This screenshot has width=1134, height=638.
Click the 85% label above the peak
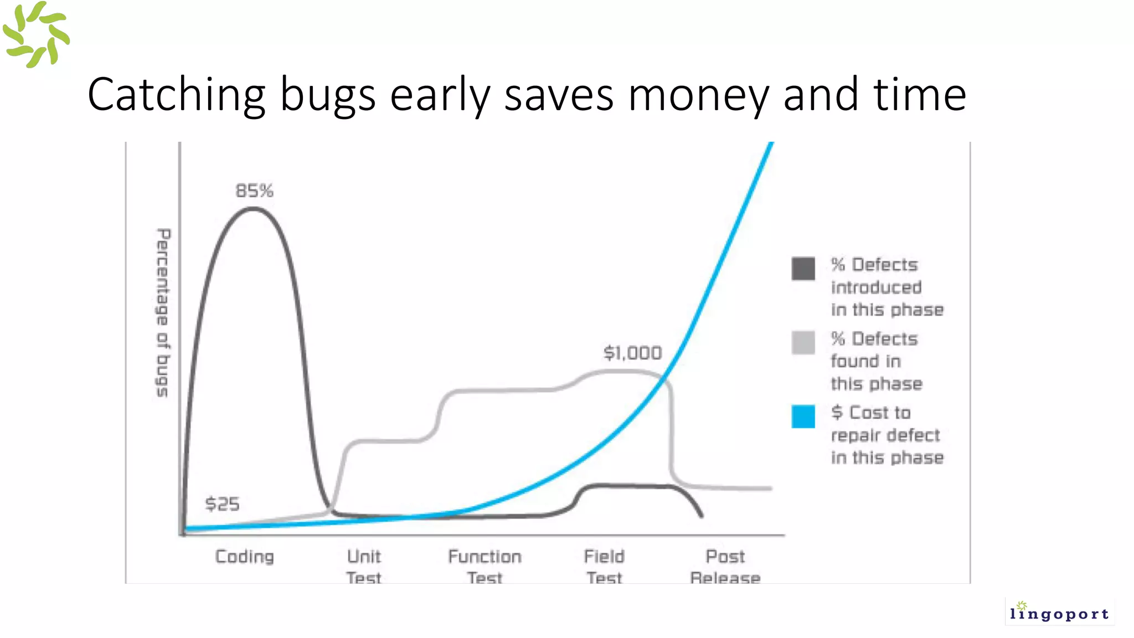click(x=254, y=191)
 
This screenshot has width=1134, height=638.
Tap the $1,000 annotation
click(x=632, y=353)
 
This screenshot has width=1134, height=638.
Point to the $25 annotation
click(x=222, y=504)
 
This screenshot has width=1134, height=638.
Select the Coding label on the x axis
click(x=244, y=557)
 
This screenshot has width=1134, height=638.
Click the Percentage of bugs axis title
click(x=162, y=312)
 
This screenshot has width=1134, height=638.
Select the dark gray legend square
click(x=803, y=269)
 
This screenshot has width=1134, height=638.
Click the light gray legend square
click(x=803, y=342)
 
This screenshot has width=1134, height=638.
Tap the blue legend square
click(x=803, y=416)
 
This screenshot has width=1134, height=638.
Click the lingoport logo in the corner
click(x=1059, y=612)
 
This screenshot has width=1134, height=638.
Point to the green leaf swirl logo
click(x=36, y=35)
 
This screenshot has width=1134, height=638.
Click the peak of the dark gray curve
click(x=252, y=209)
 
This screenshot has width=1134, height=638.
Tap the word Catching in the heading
click(x=177, y=95)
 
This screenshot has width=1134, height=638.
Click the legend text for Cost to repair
click(x=886, y=435)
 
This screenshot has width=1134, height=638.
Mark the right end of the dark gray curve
click(x=702, y=516)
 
